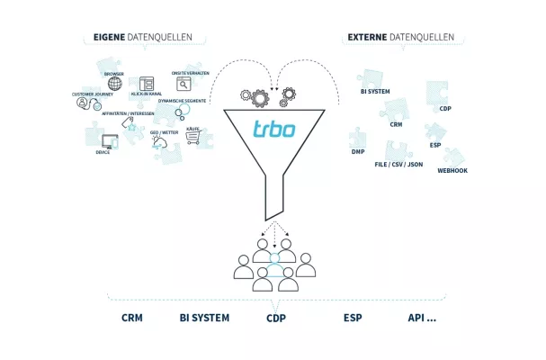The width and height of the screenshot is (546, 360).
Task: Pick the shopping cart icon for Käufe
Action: tap(192, 139)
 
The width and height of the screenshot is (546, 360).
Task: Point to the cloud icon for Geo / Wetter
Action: tap(161, 142)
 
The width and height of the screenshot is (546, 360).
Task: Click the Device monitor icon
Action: tap(111, 141)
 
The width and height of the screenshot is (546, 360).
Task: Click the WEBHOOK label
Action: tap(452, 170)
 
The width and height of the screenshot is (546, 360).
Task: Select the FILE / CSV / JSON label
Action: tap(398, 165)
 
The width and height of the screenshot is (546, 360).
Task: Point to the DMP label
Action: tap(357, 152)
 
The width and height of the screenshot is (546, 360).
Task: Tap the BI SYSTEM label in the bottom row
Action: tap(204, 318)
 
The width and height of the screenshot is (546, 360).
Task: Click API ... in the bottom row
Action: tap(421, 318)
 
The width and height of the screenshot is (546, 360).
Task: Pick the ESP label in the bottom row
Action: tap(353, 318)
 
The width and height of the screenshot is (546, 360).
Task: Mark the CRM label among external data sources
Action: tap(396, 125)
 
